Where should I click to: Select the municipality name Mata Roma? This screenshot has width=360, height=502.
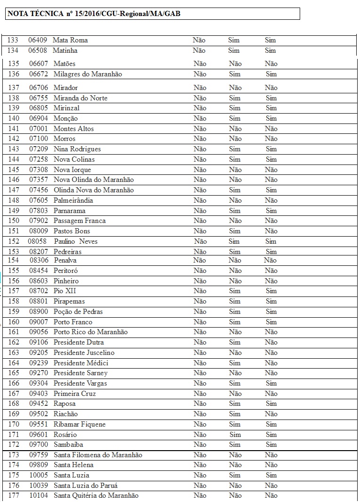coord(70,40)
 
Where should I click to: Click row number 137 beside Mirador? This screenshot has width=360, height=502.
coord(14,88)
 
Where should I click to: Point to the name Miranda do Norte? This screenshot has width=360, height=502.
coord(80,98)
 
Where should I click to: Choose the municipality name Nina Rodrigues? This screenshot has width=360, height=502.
coord(77,149)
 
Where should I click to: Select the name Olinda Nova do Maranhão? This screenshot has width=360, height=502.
coord(93,190)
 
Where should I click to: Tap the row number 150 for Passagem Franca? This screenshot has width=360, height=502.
coord(14,221)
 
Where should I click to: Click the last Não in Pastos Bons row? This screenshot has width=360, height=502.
coord(271,231)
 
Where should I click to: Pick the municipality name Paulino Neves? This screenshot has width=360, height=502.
coord(75,241)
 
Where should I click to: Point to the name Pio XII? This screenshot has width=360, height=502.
coord(65,291)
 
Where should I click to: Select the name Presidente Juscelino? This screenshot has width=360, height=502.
coord(84,353)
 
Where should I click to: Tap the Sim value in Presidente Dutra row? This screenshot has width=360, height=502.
coord(235,342)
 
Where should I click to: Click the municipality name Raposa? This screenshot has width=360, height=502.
coord(65,403)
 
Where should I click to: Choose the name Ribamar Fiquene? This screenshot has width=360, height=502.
coord(80,424)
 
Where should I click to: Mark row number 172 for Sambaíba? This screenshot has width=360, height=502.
coord(14,444)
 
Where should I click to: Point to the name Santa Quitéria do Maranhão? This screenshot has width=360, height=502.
coord(96,495)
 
